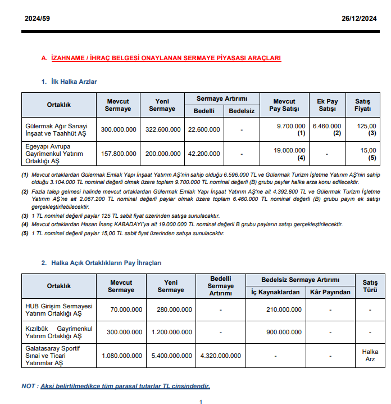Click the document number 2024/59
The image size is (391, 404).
[37, 19]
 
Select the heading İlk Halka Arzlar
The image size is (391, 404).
[73, 82]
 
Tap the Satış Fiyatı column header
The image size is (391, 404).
[362, 105]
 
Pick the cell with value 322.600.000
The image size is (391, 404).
[163, 129]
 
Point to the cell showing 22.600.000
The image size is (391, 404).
[204, 129]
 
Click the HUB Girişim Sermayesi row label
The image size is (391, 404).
[58, 309]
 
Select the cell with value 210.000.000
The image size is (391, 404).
[283, 309]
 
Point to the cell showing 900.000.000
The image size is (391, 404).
[283, 332]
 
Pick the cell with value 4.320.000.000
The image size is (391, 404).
[220, 356]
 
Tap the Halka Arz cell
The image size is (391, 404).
[370, 356]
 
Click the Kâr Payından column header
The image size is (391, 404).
[330, 292]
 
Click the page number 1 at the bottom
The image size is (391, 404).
[201, 401]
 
